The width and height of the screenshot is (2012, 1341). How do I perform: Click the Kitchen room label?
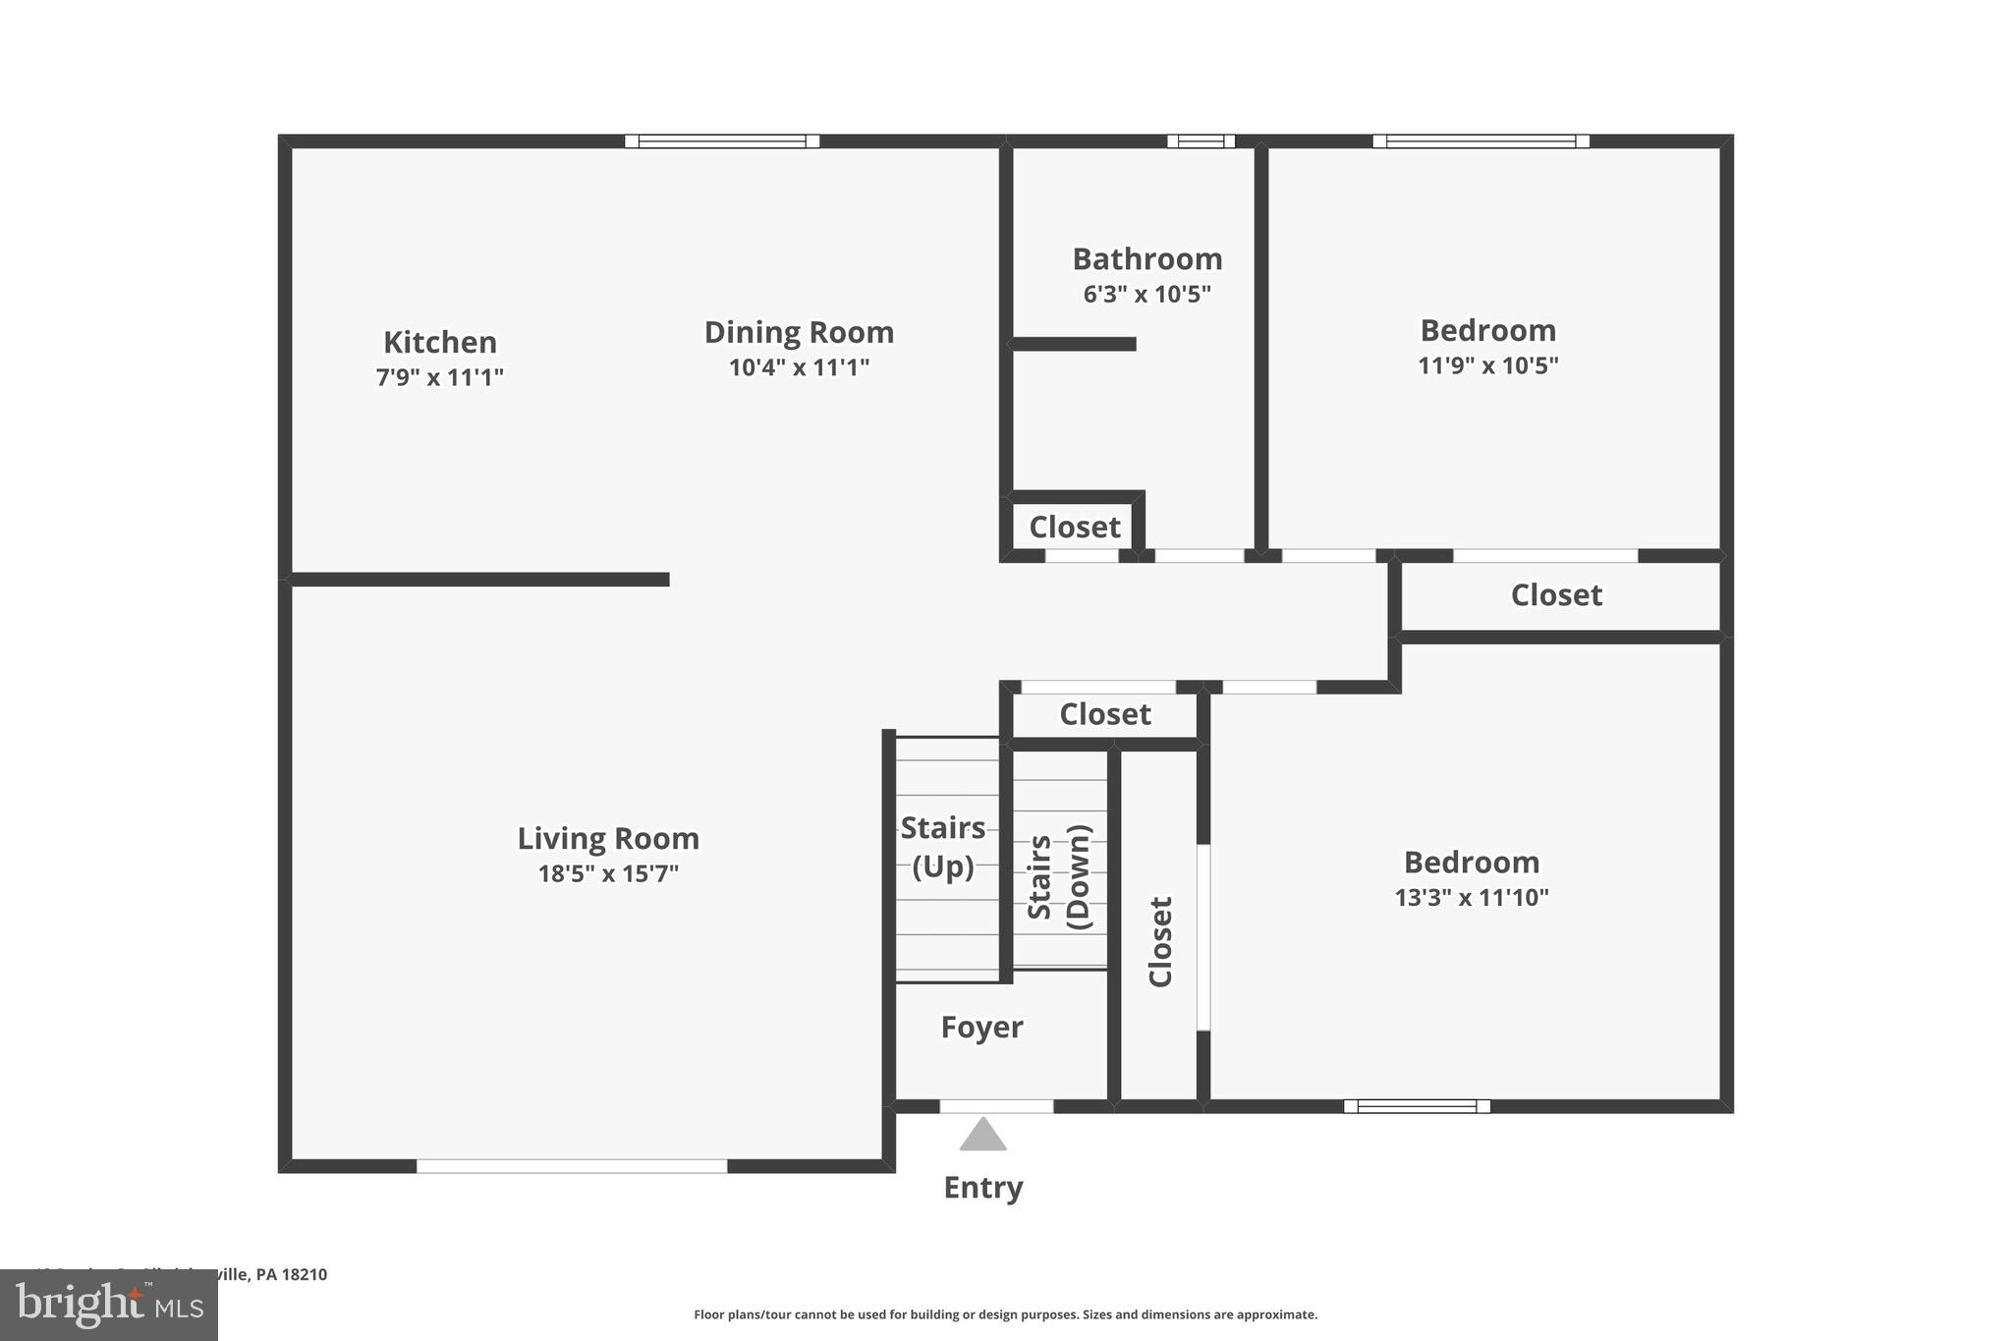coord(439,342)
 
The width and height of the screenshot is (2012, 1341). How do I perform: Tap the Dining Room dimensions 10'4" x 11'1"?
coord(799,367)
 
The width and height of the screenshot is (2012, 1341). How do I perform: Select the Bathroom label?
coord(1146,259)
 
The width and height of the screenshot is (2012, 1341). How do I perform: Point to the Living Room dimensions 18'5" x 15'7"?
coord(608,873)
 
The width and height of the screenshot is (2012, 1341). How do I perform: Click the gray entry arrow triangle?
coord(982,1135)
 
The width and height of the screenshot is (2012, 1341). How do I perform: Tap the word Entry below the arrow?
coord(982,1188)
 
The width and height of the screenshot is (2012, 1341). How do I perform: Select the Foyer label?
coord(981,1028)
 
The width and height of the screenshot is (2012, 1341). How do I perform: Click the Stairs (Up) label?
coord(942,847)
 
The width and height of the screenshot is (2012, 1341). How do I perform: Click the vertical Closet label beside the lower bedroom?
coord(1160,941)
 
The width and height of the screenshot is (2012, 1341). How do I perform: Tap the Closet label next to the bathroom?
coord(1074,528)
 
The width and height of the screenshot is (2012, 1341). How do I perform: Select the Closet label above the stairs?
coord(1104,714)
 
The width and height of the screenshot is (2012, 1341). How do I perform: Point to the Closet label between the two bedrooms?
coord(1555,595)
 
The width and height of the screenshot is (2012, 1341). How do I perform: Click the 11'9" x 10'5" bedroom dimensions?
coord(1487,365)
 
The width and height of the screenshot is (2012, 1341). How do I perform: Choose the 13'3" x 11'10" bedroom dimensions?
coord(1471,897)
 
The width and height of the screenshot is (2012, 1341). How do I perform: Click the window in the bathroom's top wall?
coord(1201,141)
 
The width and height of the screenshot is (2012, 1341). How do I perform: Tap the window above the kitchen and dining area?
coord(722,141)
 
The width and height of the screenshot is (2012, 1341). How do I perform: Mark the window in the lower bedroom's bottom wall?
coord(1417,1106)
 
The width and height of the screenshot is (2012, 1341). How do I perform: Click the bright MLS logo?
coord(109,1305)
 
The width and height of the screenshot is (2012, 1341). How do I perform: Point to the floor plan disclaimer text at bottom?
coord(1005,1314)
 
